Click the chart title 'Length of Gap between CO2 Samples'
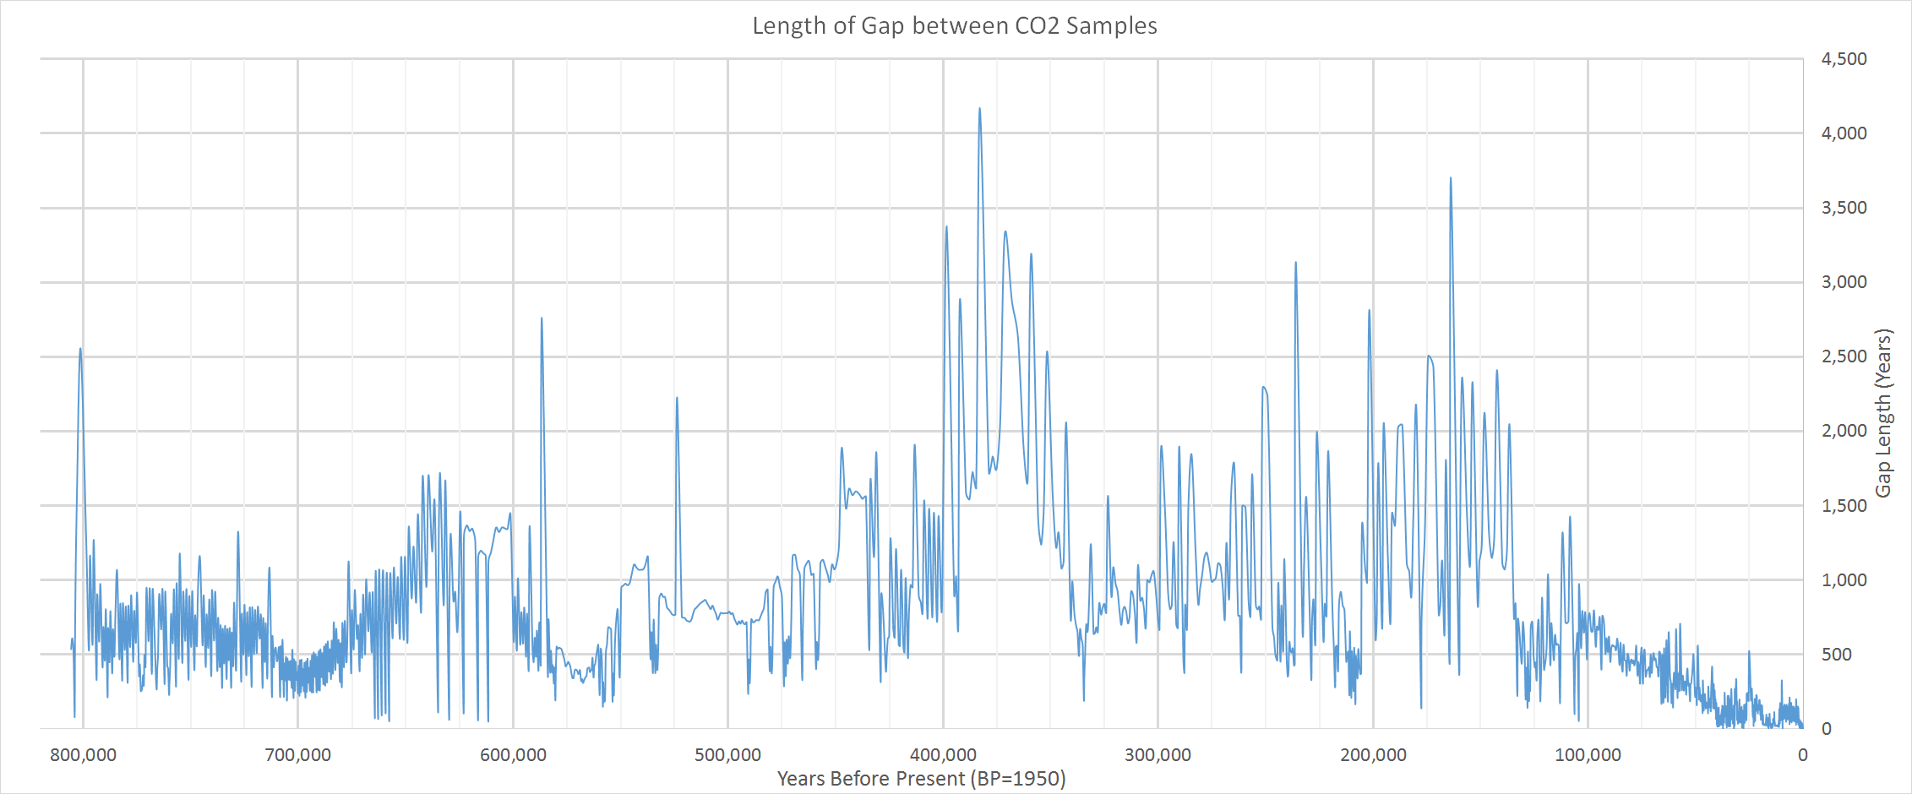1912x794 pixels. (955, 26)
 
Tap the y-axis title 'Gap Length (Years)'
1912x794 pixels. (1883, 413)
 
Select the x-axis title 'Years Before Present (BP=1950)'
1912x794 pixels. (921, 778)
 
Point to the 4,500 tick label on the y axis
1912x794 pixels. (1844, 59)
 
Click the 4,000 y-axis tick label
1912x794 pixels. (1844, 133)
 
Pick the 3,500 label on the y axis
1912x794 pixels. (1844, 208)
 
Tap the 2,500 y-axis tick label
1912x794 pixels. (1844, 356)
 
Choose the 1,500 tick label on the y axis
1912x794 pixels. (1844, 506)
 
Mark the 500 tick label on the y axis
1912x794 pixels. (1837, 655)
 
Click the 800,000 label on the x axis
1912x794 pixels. (83, 755)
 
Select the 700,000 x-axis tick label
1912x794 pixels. (298, 755)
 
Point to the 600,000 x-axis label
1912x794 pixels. (513, 755)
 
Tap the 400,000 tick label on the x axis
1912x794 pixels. (943, 755)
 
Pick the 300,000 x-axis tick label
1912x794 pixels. (1158, 755)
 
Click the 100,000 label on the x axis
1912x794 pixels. (1588, 755)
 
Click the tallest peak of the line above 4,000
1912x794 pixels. (979, 109)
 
